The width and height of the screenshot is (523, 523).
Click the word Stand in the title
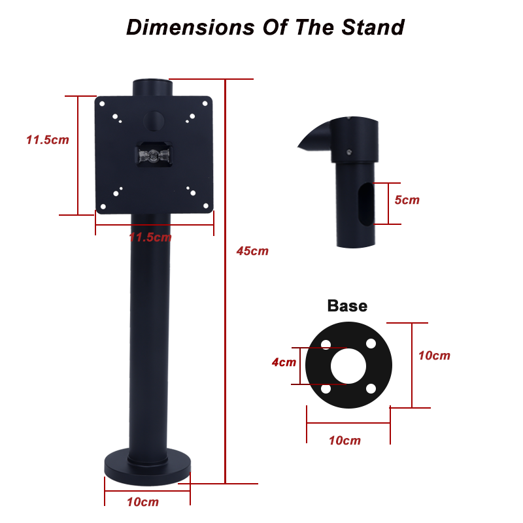373,27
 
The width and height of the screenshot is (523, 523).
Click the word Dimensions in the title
190,27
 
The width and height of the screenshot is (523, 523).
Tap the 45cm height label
252,251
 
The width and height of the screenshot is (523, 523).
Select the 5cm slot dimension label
407,200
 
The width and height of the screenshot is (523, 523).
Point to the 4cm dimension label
284,362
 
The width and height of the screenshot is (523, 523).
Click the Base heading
347,306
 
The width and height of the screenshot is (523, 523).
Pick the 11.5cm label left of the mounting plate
48,140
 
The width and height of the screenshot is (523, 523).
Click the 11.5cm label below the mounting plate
150,237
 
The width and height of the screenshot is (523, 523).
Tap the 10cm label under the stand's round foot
143,502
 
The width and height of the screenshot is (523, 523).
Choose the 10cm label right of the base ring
434,356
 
